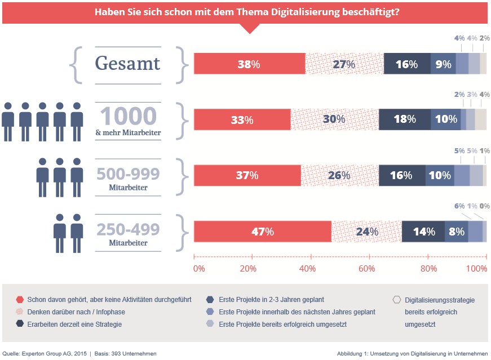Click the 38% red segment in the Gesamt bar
click(250, 64)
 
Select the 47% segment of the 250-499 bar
click(263, 232)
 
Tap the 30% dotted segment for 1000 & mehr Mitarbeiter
click(335, 119)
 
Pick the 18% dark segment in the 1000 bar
click(405, 119)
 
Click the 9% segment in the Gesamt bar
click(443, 64)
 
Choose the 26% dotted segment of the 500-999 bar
click(340, 175)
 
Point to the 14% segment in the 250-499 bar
click(423, 232)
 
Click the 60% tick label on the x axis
click(366, 269)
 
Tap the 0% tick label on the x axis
click(199, 269)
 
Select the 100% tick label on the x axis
click(476, 269)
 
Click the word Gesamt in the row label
click(127, 63)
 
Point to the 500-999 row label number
click(128, 174)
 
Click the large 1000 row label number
click(129, 116)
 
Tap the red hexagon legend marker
click(20, 300)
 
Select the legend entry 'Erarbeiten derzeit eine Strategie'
click(74, 325)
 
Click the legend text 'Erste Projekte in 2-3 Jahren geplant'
click(272, 300)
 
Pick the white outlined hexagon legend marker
click(397, 300)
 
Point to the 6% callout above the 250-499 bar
click(459, 206)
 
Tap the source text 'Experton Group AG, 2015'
click(54, 354)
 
